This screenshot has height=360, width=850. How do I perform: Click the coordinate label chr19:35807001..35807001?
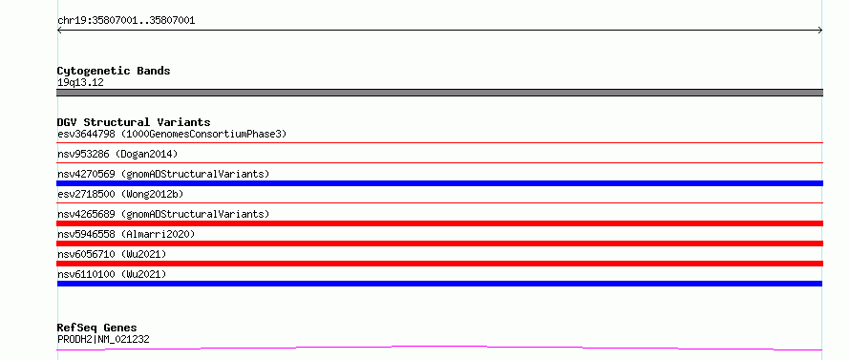pyautogui.click(x=126, y=21)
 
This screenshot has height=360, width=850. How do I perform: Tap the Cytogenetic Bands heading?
pyautogui.click(x=114, y=71)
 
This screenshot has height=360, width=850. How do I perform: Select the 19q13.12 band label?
pyautogui.click(x=80, y=83)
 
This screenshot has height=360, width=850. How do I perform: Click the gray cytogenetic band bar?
pyautogui.click(x=439, y=93)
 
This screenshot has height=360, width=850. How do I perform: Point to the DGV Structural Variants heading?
pyautogui.click(x=134, y=122)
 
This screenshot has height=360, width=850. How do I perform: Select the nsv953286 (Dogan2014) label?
pyautogui.click(x=117, y=154)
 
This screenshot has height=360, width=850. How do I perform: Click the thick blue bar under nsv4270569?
pyautogui.click(x=439, y=183)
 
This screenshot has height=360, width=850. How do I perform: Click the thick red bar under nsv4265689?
pyautogui.click(x=439, y=223)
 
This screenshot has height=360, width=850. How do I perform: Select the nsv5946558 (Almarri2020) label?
pyautogui.click(x=126, y=234)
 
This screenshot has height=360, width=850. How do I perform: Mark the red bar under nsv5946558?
pyautogui.click(x=439, y=244)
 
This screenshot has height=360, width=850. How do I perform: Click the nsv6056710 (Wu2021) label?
pyautogui.click(x=112, y=254)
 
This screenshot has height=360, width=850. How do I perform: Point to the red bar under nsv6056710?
pyautogui.click(x=439, y=264)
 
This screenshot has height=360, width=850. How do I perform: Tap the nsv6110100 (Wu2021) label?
pyautogui.click(x=112, y=274)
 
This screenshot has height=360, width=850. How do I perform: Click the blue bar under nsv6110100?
pyautogui.click(x=439, y=284)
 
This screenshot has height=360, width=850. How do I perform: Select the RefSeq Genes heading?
pyautogui.click(x=96, y=328)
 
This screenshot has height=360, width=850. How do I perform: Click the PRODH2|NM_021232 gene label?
pyautogui.click(x=103, y=340)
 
